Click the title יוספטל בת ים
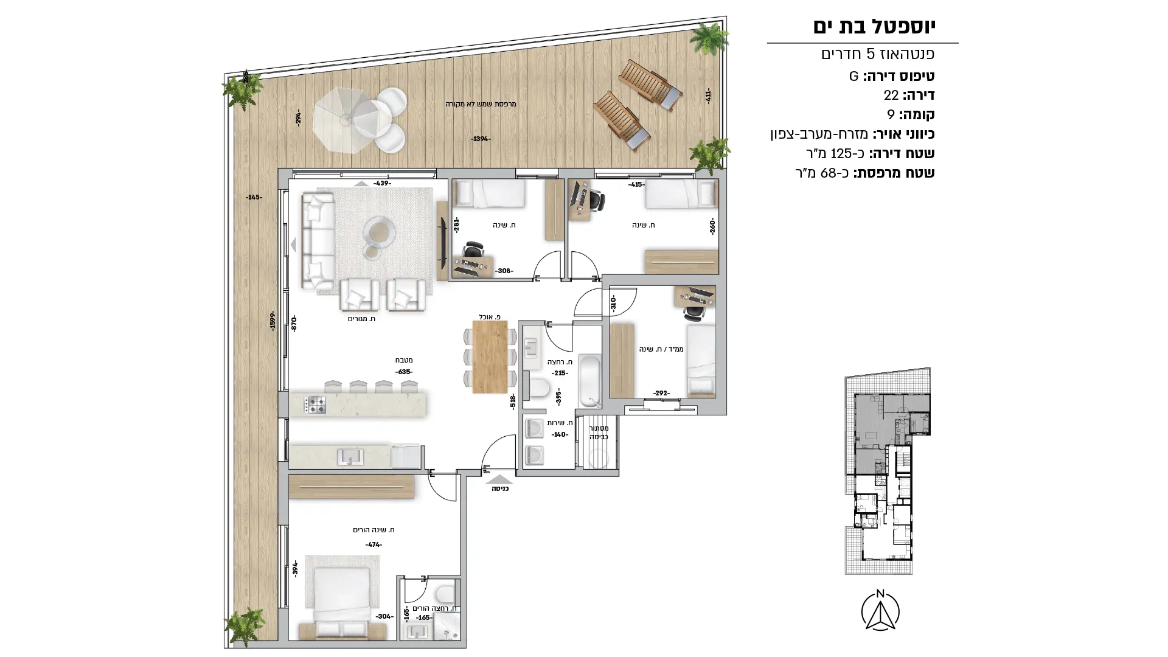(x=874, y=26)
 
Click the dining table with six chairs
(x=490, y=356)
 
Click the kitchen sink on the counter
(x=350, y=456)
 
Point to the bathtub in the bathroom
(x=589, y=381)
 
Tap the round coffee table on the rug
(x=379, y=231)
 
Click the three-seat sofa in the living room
(x=318, y=240)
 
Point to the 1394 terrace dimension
(x=481, y=139)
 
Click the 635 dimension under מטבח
(x=404, y=372)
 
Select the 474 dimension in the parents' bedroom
(x=374, y=544)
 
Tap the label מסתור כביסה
(x=599, y=433)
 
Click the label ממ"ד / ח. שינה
(x=661, y=349)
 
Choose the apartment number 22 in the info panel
(x=891, y=95)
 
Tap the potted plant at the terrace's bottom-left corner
(x=245, y=626)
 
